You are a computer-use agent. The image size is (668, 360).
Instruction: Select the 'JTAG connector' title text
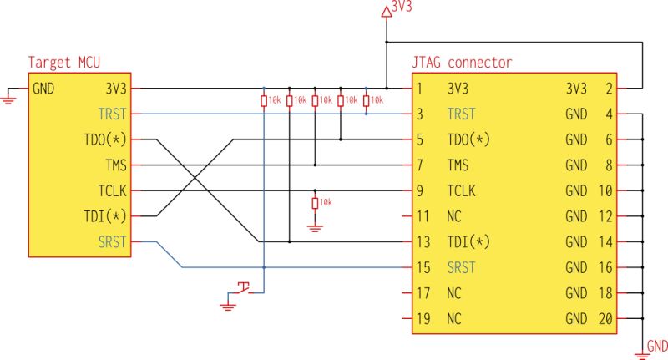click(462, 63)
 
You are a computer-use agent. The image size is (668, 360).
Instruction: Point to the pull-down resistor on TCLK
click(315, 203)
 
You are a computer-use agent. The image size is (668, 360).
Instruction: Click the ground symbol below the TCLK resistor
click(315, 226)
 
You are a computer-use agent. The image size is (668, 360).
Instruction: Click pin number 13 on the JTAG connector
click(423, 242)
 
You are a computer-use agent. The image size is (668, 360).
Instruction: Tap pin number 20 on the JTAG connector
click(605, 319)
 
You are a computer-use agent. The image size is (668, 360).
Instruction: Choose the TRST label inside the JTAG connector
click(462, 114)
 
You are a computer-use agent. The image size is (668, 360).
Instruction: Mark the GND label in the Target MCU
click(44, 88)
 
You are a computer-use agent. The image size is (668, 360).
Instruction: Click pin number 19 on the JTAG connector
click(423, 319)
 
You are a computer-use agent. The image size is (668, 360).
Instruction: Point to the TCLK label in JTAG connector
click(462, 190)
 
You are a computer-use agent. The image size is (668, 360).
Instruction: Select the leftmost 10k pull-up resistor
click(264, 100)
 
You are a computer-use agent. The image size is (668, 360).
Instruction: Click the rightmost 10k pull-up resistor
click(367, 100)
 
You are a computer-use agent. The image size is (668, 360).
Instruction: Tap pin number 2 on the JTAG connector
click(609, 88)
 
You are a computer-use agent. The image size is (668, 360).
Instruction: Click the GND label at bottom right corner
click(657, 346)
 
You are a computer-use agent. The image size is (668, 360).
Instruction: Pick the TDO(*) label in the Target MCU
click(107, 139)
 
